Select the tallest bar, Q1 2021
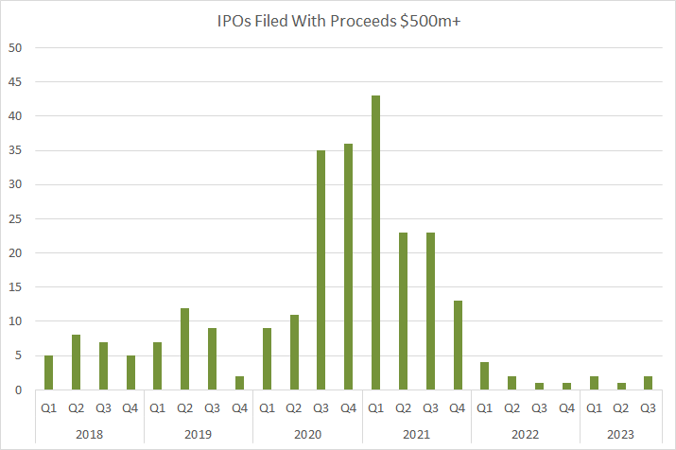376,242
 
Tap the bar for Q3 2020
321,269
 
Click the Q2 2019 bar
185,349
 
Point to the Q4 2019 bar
240,383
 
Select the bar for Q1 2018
49,372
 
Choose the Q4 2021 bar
459,345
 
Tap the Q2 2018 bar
77,362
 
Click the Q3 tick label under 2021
431,409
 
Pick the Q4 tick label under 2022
567,409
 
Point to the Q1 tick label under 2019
158,409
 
